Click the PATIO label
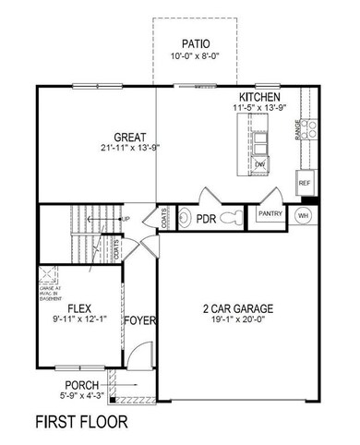(x=196, y=43)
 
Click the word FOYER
(x=141, y=321)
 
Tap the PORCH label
(x=82, y=385)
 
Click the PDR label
(x=205, y=219)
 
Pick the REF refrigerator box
(x=305, y=183)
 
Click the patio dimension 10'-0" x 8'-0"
(x=196, y=57)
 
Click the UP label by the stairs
(x=126, y=219)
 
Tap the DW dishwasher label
(x=261, y=165)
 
